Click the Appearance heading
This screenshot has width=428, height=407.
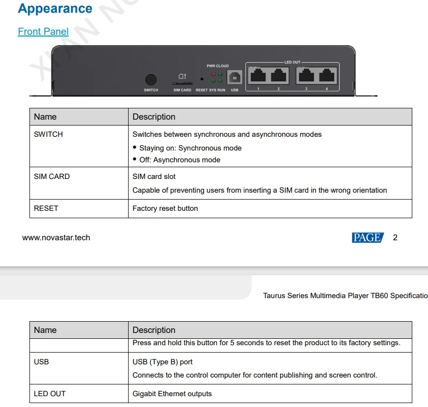pos(55,9)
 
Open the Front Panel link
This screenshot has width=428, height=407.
pos(43,31)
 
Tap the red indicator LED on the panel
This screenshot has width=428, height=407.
pos(213,75)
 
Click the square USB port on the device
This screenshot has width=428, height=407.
pos(235,77)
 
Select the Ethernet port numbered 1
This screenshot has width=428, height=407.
pos(258,76)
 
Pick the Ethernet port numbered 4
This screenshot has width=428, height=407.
pos(326,76)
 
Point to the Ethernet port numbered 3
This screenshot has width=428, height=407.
pos(306,76)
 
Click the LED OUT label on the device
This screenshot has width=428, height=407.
pos(293,62)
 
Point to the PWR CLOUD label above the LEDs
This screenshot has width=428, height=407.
pos(217,66)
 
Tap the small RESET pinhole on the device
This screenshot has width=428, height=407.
pos(202,79)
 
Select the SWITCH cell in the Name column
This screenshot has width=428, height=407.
pos(48,134)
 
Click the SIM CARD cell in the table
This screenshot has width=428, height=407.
pos(52,177)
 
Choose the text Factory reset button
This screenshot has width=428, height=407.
pos(165,208)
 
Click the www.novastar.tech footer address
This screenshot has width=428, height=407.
pos(56,238)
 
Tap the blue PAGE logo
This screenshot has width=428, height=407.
pos(368,238)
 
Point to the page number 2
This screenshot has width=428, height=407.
pos(395,238)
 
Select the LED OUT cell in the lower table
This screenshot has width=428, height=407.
pos(50,394)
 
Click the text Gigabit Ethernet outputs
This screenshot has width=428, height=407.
pos(172,394)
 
